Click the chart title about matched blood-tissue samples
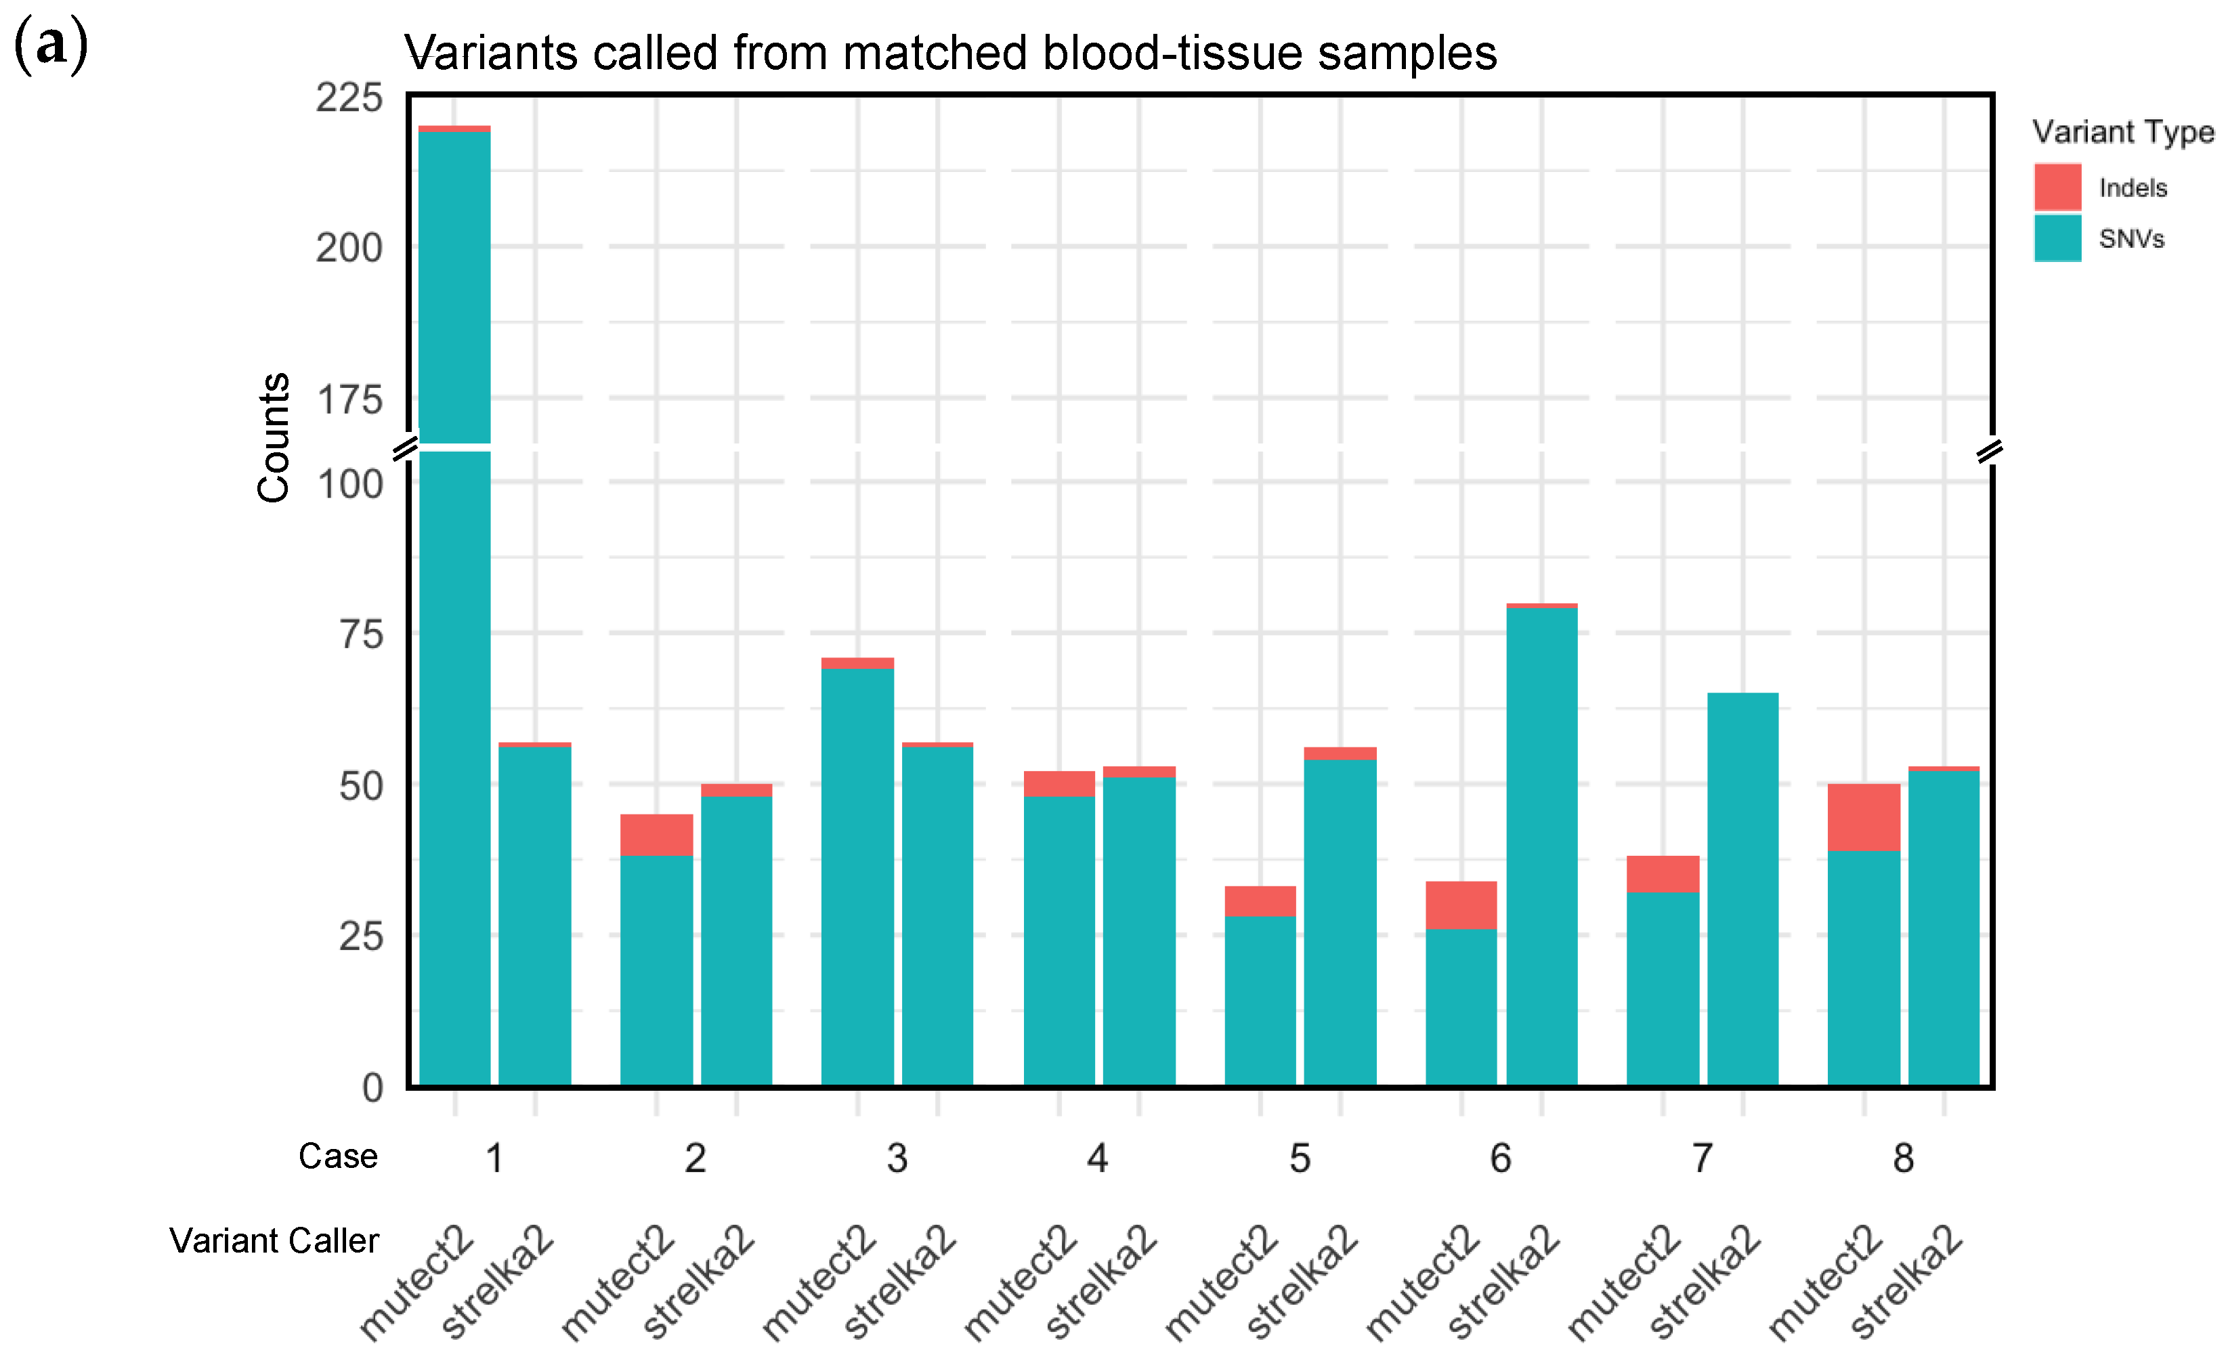[x=949, y=52]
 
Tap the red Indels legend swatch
[x=2057, y=187]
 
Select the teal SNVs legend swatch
[x=2057, y=238]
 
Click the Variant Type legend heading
[x=2122, y=132]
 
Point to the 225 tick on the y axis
[x=349, y=97]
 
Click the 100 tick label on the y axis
[x=349, y=485]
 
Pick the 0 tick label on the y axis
[x=372, y=1087]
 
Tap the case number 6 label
[x=1500, y=1158]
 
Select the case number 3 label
[x=896, y=1158]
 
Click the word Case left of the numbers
[x=337, y=1156]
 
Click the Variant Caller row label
[x=273, y=1240]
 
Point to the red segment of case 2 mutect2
[x=656, y=834]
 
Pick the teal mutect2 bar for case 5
[x=1260, y=1000]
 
